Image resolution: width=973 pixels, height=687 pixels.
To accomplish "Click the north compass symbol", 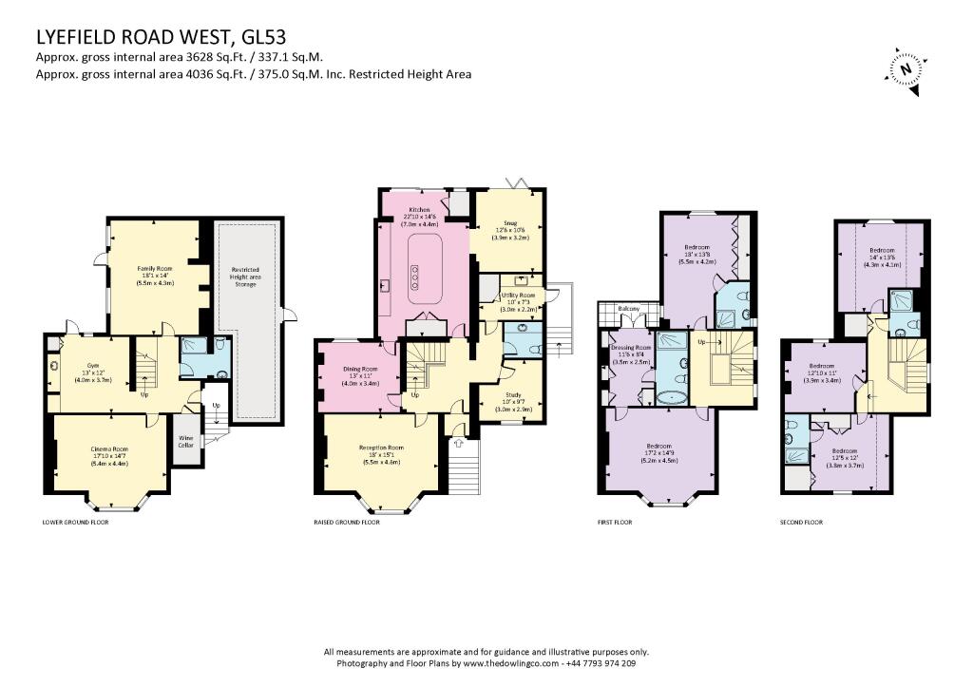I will click(x=906, y=68).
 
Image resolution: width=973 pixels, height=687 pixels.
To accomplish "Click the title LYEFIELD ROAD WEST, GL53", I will click(x=159, y=37).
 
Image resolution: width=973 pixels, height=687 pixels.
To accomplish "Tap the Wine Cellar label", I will click(x=187, y=442).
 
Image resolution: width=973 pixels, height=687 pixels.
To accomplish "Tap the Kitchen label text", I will click(x=419, y=209).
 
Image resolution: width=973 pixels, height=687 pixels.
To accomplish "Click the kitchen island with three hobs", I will click(x=417, y=276).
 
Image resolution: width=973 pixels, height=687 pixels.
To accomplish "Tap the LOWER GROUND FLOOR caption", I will click(x=76, y=523).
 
